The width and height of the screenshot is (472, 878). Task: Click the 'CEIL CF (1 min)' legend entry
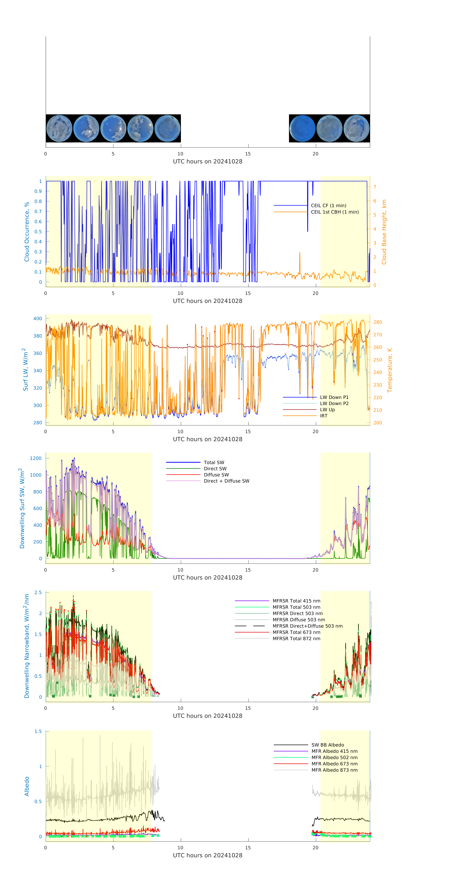point(328,206)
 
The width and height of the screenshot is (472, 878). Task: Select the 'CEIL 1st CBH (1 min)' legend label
point(334,212)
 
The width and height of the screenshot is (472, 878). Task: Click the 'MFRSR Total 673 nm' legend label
point(296,632)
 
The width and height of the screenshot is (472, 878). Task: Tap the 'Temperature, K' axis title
point(389,370)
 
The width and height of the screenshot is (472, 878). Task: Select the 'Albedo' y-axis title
point(27,786)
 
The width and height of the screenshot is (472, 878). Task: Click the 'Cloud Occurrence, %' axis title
point(27,232)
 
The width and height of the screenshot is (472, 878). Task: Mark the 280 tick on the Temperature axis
point(377,322)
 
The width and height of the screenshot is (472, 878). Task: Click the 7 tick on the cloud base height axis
point(375,187)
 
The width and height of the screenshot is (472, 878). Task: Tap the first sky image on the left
point(59,129)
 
